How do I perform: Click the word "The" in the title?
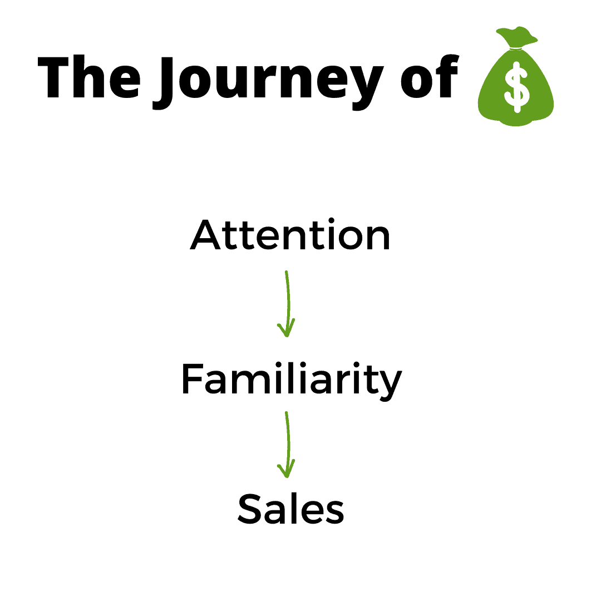(x=89, y=76)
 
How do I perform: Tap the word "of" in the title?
(x=430, y=76)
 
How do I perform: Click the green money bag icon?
(x=515, y=76)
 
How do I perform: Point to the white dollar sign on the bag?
(x=517, y=87)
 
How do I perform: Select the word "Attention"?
(x=290, y=234)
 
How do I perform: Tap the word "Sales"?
(x=291, y=509)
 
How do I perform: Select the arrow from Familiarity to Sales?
(x=288, y=445)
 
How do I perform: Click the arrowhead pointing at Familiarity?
(x=287, y=329)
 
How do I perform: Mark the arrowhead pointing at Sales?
(x=287, y=470)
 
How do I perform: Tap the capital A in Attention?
(x=205, y=235)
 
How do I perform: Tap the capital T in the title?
(x=53, y=77)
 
